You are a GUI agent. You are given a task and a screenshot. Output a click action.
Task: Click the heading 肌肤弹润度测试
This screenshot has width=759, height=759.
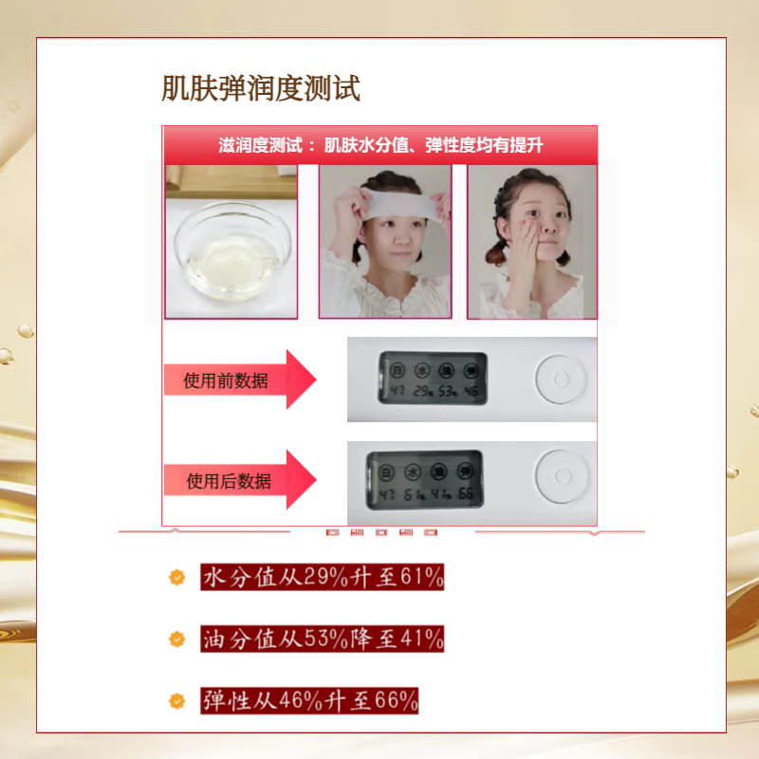tap(261, 90)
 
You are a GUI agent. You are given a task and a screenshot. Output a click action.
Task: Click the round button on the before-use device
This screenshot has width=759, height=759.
tap(559, 377)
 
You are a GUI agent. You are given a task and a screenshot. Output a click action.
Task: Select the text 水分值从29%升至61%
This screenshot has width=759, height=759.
tap(322, 577)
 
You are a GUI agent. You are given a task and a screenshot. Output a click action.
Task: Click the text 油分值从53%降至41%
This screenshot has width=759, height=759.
tap(322, 639)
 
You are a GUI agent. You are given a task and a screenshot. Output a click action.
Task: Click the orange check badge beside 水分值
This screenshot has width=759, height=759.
tap(176, 577)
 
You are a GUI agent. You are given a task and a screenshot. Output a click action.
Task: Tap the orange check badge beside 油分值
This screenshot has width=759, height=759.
tap(176, 639)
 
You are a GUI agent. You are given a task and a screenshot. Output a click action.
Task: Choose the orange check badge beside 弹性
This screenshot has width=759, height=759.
tap(176, 701)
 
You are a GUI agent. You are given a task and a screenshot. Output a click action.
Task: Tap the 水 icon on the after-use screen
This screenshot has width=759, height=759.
tap(413, 470)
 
